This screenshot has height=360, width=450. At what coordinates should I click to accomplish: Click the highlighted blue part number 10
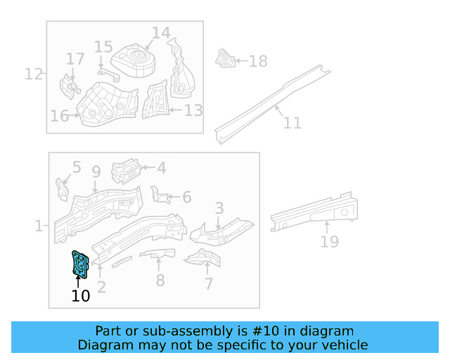(79, 264)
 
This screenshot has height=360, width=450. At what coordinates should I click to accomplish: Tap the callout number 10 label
(81, 296)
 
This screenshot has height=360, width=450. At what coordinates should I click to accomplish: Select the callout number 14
(161, 33)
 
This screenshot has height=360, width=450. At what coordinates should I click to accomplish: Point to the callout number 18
(258, 61)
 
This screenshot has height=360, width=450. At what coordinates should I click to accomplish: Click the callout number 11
(292, 122)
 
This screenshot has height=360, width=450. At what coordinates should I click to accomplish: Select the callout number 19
(329, 242)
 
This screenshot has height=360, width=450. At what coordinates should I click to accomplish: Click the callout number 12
(34, 73)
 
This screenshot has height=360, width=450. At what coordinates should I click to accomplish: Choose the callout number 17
(75, 58)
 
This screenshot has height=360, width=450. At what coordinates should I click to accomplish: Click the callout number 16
(59, 116)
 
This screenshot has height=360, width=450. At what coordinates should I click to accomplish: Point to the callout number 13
(193, 110)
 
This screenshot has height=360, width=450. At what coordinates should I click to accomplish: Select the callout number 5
(76, 168)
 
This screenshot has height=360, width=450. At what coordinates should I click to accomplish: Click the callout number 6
(186, 198)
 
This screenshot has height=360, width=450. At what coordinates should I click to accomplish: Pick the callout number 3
(219, 208)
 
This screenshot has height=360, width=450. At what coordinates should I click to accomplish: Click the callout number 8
(160, 281)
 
